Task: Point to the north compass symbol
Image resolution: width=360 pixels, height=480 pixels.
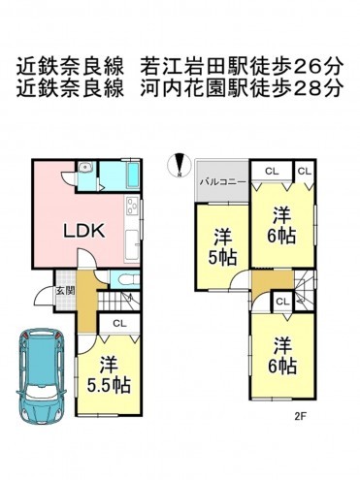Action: click(179, 166)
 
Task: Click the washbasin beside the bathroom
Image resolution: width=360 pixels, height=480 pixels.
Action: click(89, 169)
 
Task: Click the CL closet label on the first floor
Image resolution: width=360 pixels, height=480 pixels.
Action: click(118, 324)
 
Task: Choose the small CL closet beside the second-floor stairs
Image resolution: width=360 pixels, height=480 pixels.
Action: click(281, 302)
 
